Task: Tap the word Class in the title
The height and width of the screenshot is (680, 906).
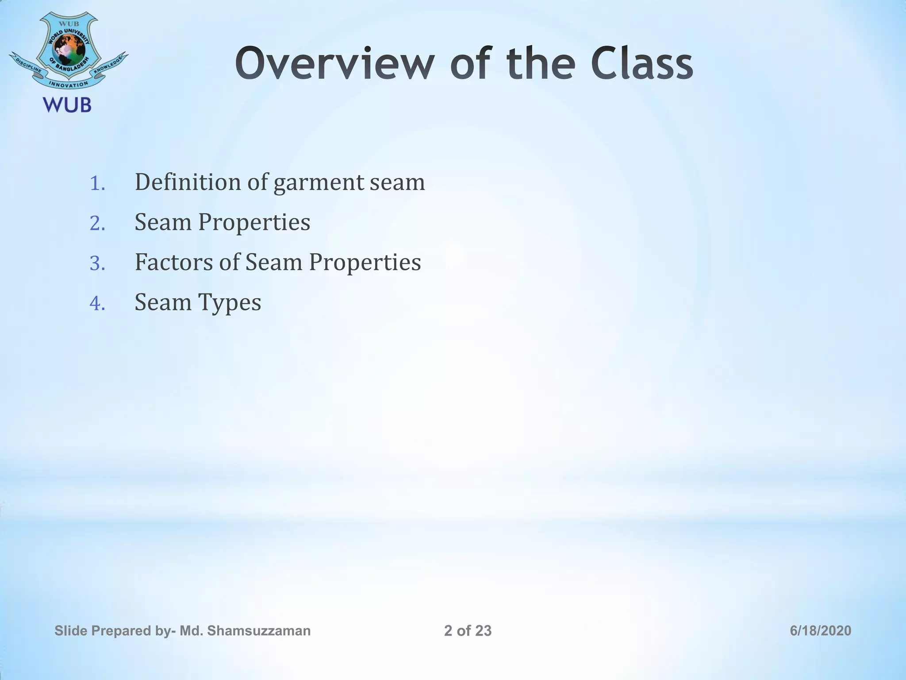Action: click(x=641, y=65)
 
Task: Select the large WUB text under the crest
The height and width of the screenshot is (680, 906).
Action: click(x=67, y=105)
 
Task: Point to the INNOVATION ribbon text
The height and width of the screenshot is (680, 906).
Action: click(x=69, y=84)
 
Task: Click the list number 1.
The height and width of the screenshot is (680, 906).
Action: click(x=97, y=184)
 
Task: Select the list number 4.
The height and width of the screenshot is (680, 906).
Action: click(x=97, y=304)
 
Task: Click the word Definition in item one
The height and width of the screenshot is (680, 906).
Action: click(x=188, y=182)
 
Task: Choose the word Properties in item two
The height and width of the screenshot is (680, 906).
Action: click(x=254, y=223)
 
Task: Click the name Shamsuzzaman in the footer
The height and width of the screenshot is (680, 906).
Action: click(x=258, y=630)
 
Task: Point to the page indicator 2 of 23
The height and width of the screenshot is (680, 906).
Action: click(x=468, y=630)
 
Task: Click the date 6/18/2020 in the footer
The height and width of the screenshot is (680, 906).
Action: click(x=820, y=630)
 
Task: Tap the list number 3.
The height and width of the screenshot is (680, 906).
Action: click(x=97, y=264)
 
